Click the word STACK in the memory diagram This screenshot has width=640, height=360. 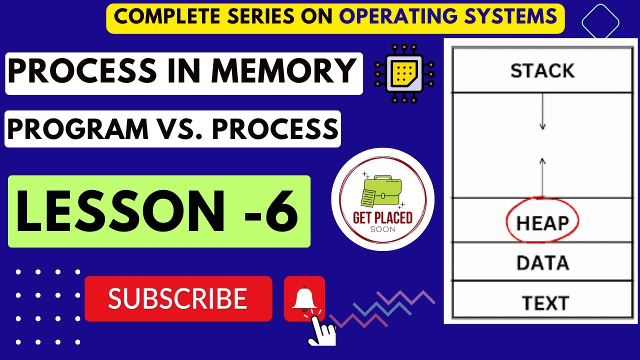(x=542, y=71)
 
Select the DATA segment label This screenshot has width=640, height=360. (x=542, y=262)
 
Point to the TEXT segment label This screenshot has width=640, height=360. (x=545, y=303)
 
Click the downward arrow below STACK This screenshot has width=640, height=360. (x=542, y=112)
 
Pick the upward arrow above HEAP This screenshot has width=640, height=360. (x=542, y=175)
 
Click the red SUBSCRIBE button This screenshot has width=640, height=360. (x=178, y=298)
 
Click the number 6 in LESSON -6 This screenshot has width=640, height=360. (x=281, y=210)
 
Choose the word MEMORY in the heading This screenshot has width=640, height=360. (x=283, y=72)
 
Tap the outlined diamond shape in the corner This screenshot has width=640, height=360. (x=600, y=22)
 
